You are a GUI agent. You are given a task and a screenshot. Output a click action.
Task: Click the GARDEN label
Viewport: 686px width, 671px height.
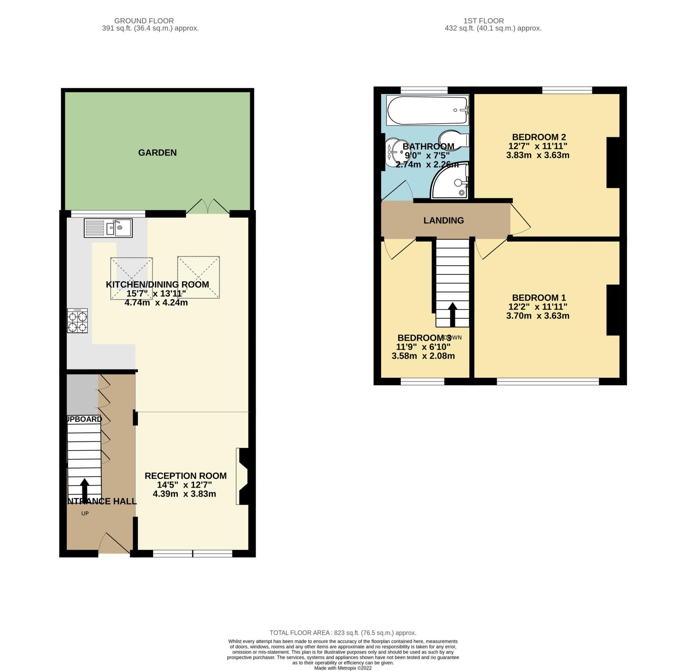click(x=157, y=152)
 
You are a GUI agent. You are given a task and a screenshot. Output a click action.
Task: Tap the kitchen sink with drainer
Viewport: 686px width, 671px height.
click(x=108, y=228)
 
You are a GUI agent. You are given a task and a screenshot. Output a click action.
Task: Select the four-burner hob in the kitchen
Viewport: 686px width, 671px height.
click(x=77, y=320)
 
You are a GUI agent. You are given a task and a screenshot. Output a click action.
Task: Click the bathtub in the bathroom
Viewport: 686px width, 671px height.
click(x=427, y=110)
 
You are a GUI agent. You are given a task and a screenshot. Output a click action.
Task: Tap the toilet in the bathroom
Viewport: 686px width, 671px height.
click(x=453, y=139)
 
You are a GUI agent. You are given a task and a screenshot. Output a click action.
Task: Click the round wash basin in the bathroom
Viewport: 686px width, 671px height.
click(x=393, y=152)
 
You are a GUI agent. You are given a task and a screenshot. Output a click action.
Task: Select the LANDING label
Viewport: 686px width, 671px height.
click(x=443, y=220)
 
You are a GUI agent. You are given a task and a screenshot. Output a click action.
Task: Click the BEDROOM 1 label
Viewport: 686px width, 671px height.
click(x=538, y=297)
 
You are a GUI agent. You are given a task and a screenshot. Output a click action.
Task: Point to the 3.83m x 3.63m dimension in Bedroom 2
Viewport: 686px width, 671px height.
click(x=537, y=155)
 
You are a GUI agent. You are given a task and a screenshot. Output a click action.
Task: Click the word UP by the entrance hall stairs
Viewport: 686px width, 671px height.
click(x=85, y=513)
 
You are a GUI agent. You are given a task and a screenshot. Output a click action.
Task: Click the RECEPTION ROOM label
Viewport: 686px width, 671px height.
click(x=185, y=476)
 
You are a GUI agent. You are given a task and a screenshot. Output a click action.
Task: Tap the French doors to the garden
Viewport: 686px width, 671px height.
click(x=208, y=207)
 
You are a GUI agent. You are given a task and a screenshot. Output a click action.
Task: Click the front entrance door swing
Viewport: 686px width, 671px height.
click(x=115, y=544)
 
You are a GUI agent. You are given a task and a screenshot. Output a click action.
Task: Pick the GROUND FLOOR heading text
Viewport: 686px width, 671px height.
click(x=144, y=21)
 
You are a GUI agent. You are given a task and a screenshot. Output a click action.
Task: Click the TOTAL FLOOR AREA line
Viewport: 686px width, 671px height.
click(x=342, y=633)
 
